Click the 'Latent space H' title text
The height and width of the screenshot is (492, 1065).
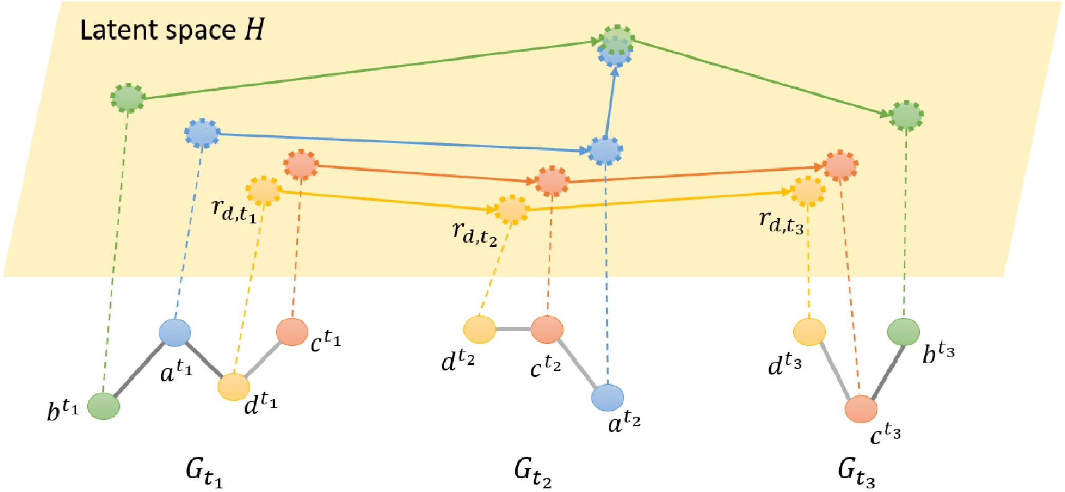pos(172,30)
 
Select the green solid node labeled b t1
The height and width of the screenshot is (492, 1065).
pos(103,406)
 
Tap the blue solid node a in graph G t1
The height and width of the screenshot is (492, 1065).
pos(175,332)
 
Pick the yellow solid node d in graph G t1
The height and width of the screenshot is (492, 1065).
pos(234,387)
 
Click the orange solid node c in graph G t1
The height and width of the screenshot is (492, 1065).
pos(292,331)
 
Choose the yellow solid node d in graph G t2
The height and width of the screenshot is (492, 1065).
pos(479,329)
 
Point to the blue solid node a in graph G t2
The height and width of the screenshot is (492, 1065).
pos(607,398)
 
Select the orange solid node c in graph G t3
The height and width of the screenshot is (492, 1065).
pos(861,409)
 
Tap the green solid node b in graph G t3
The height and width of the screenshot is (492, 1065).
pos(903,332)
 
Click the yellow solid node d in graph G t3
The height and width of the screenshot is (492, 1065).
pos(809,332)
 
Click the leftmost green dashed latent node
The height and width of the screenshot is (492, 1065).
pos(128,98)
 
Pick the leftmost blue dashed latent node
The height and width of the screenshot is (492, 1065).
pos(202,134)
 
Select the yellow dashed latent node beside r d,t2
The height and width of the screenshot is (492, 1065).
pos(512,210)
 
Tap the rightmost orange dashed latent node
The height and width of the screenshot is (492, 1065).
pos(840,165)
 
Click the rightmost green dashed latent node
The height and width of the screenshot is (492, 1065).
pos(906,116)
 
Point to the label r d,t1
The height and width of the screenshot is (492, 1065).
pos(234,210)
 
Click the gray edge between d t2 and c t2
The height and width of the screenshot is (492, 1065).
pos(513,329)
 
